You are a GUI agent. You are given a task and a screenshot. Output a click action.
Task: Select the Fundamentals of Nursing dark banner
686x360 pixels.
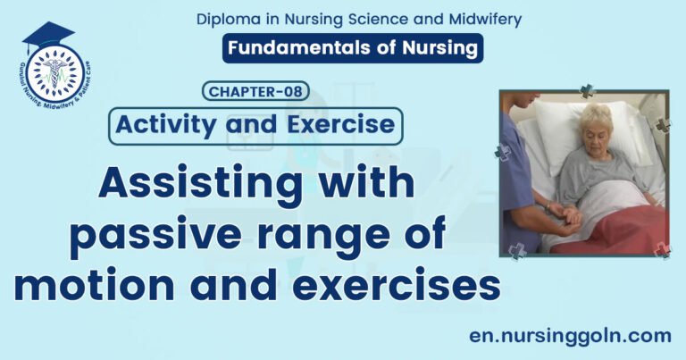pyautogui.click(x=353, y=48)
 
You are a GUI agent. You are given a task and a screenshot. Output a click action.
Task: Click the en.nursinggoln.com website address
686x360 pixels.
pyautogui.click(x=570, y=336)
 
